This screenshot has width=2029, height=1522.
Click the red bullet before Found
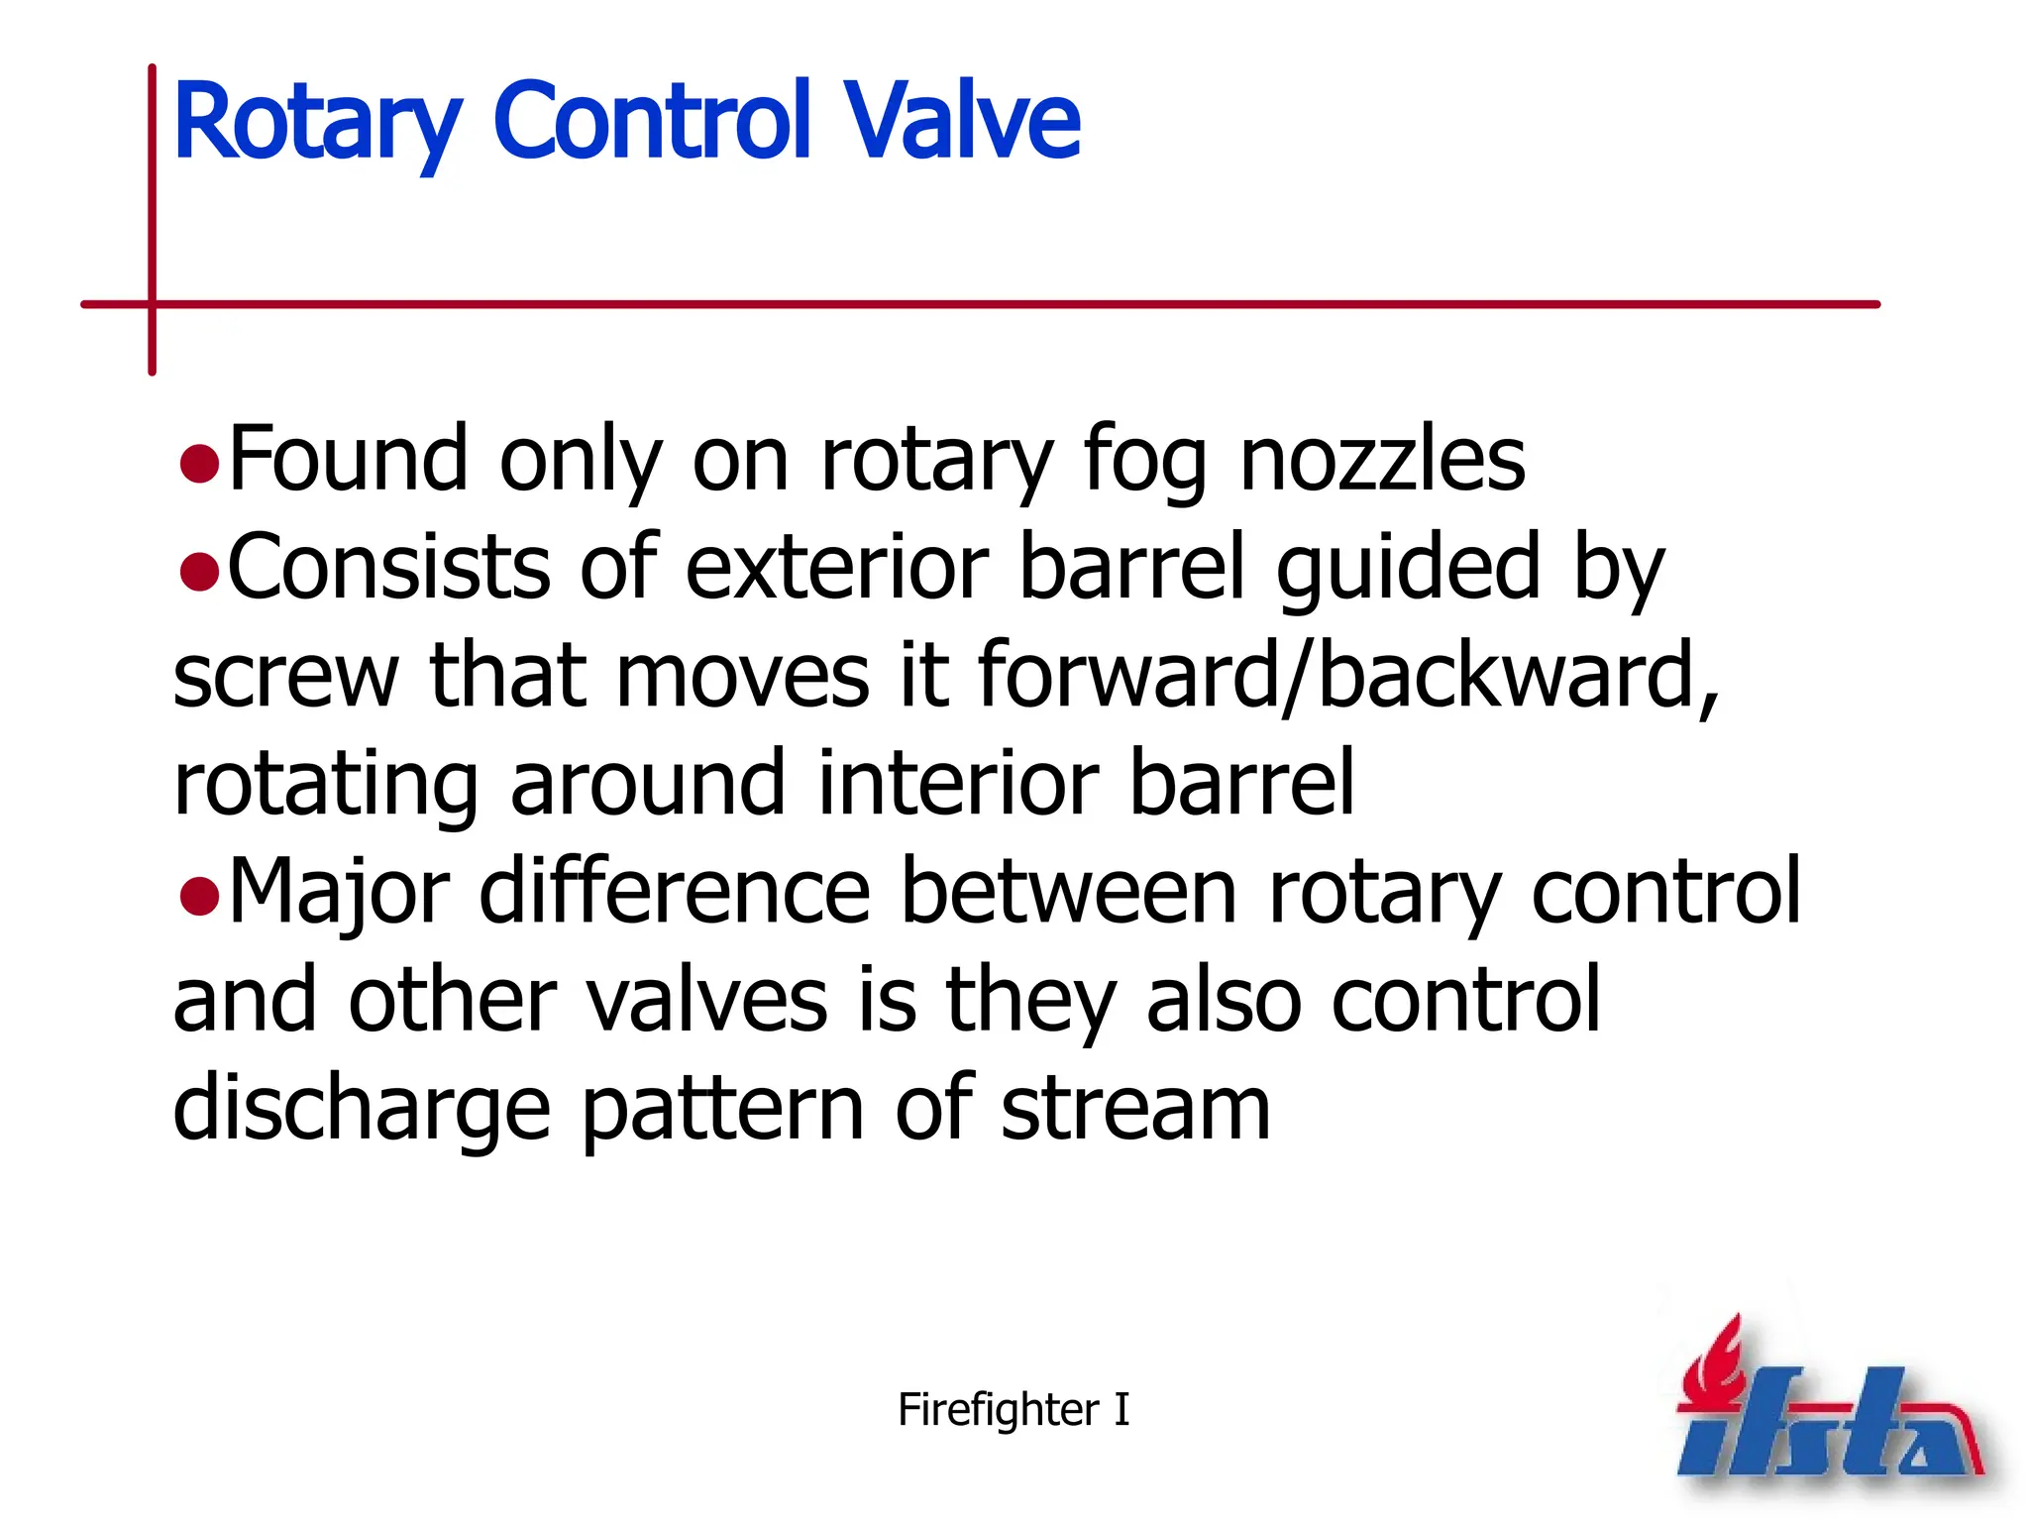tap(199, 464)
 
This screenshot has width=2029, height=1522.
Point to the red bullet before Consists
tap(199, 572)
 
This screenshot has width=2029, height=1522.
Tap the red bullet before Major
tap(199, 896)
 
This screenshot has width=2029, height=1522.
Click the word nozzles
tap(1382, 461)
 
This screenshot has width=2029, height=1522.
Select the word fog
tap(1145, 464)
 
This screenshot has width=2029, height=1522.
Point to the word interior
tap(957, 784)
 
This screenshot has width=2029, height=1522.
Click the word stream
tap(1135, 1110)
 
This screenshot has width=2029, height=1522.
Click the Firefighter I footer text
tap(1013, 1409)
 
